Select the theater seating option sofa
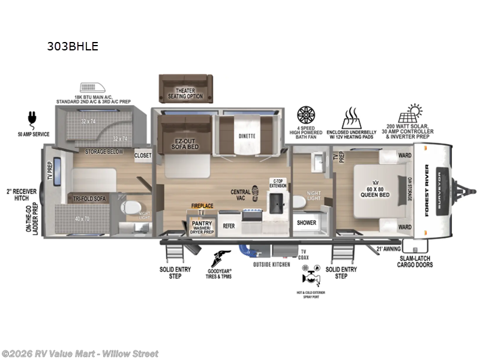186,88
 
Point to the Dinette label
247,136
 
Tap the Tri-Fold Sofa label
91,199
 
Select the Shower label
307,222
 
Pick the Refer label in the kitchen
229,226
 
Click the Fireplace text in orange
202,205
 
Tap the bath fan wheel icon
307,115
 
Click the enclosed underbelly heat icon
351,115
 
